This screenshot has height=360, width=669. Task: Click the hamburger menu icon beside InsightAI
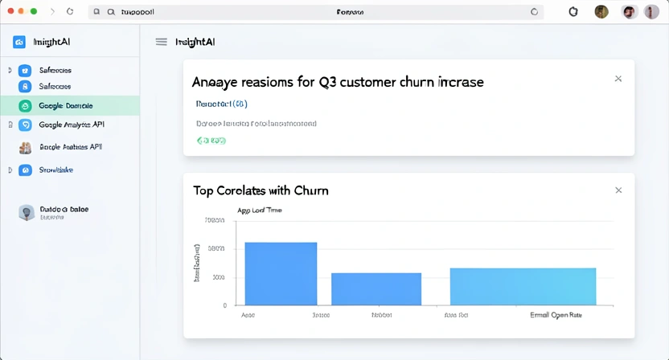coord(162,42)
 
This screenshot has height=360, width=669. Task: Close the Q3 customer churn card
coord(618,79)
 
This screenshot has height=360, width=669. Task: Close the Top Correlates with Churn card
coord(618,190)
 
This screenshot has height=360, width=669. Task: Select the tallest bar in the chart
coord(281,273)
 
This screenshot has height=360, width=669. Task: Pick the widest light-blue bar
coord(523,286)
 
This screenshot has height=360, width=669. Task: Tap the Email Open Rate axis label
coord(556,316)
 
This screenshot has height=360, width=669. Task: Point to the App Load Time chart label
coord(259,211)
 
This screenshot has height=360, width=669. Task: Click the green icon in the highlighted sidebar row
coord(25,105)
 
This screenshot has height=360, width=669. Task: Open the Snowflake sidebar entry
coord(55,170)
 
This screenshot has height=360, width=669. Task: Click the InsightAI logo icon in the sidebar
coord(19,42)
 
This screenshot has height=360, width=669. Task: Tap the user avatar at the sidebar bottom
coord(26,212)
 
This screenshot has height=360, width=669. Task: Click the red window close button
coord(10,12)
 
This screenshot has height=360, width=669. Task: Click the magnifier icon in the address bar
coord(97,12)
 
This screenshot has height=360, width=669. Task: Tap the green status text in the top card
coord(211,141)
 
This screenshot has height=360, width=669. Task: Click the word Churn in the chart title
coord(310,190)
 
